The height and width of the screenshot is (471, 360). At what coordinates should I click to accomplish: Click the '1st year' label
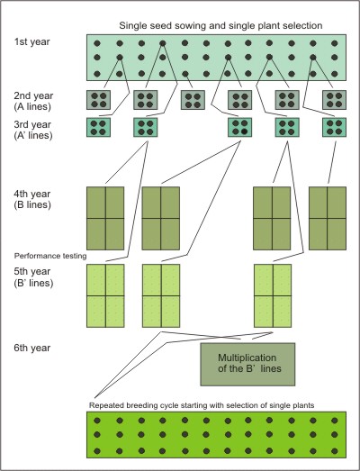tap(31, 41)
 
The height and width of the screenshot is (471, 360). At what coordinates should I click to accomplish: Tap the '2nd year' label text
tap(33, 95)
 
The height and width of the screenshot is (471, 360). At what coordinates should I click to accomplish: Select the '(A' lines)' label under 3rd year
tap(33, 135)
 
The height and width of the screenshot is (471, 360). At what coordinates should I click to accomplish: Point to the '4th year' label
tap(31, 194)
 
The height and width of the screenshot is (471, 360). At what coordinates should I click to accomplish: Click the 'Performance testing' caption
tap(50, 256)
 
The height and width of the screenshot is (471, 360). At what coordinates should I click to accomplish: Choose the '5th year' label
tap(31, 271)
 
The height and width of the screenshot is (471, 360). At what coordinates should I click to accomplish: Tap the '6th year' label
tap(31, 348)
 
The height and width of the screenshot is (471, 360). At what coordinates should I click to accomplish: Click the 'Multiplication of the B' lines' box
tap(247, 364)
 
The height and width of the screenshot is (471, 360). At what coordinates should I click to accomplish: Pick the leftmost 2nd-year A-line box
tap(98, 100)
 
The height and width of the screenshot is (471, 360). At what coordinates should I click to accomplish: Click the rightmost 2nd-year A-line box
tap(334, 100)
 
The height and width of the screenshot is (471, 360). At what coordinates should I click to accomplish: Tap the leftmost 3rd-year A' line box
tap(98, 127)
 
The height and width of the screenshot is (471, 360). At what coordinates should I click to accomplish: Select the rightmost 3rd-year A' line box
tap(334, 127)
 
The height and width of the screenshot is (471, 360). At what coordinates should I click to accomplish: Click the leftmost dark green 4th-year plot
tap(105, 218)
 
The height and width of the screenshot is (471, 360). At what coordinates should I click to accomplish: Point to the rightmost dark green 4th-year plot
tap(328, 218)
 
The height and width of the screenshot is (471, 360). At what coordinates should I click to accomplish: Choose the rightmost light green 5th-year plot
tap(273, 295)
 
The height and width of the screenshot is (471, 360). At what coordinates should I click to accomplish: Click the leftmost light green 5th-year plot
tap(105, 295)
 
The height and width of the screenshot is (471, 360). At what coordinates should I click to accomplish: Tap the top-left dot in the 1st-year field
tap(97, 43)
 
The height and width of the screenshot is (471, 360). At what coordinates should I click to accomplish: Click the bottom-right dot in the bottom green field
tap(335, 451)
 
